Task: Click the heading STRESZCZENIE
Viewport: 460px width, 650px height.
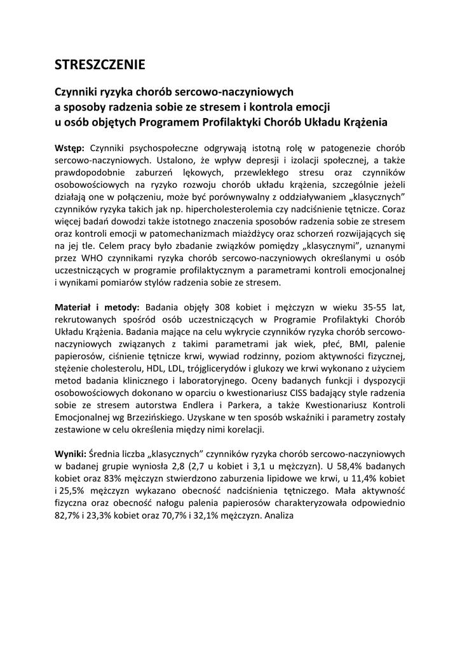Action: pyautogui.click(x=100, y=65)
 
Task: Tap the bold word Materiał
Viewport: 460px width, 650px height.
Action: pyautogui.click(x=75, y=307)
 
